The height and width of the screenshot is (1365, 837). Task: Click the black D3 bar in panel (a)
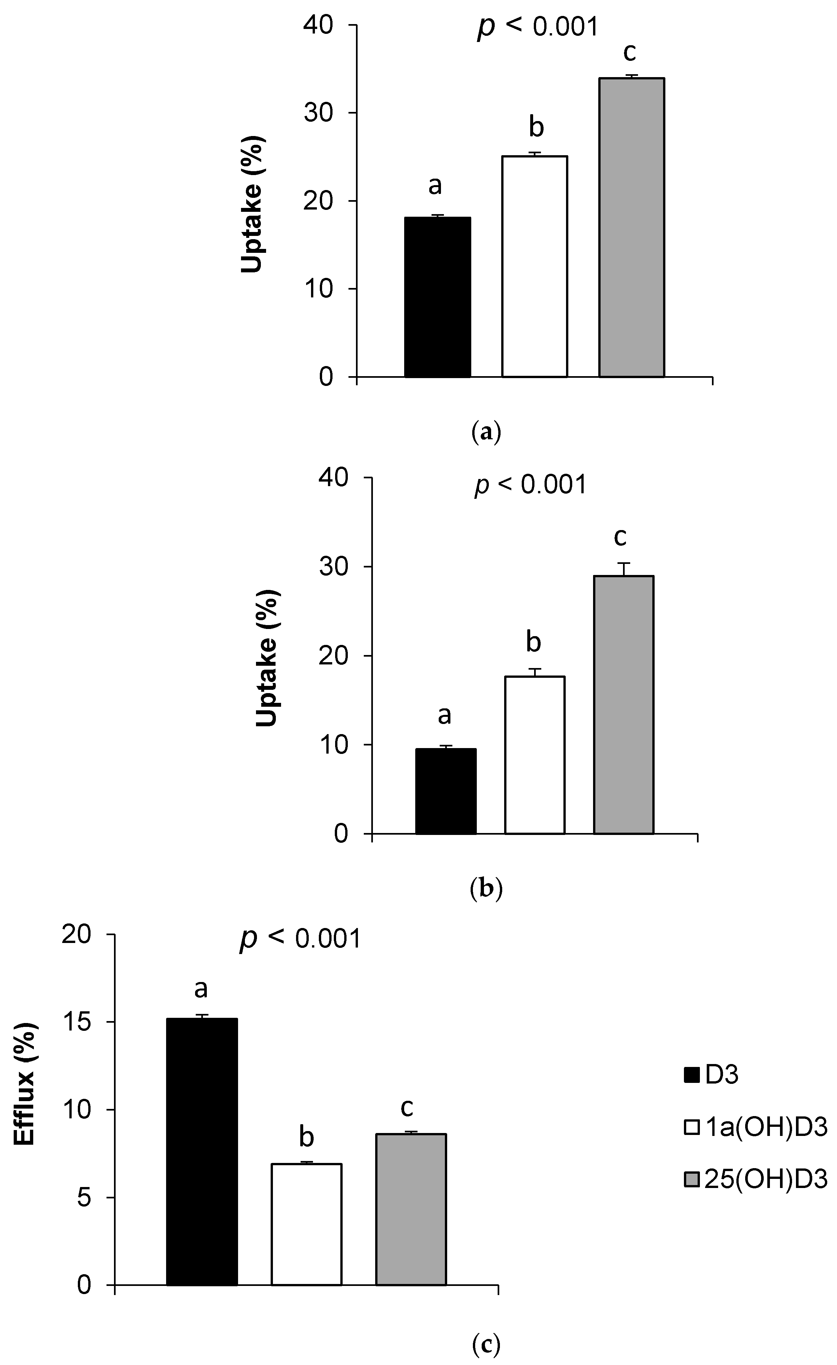click(437, 297)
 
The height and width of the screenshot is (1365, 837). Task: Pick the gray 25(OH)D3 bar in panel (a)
click(631, 228)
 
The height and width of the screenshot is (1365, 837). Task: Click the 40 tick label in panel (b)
click(334, 478)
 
